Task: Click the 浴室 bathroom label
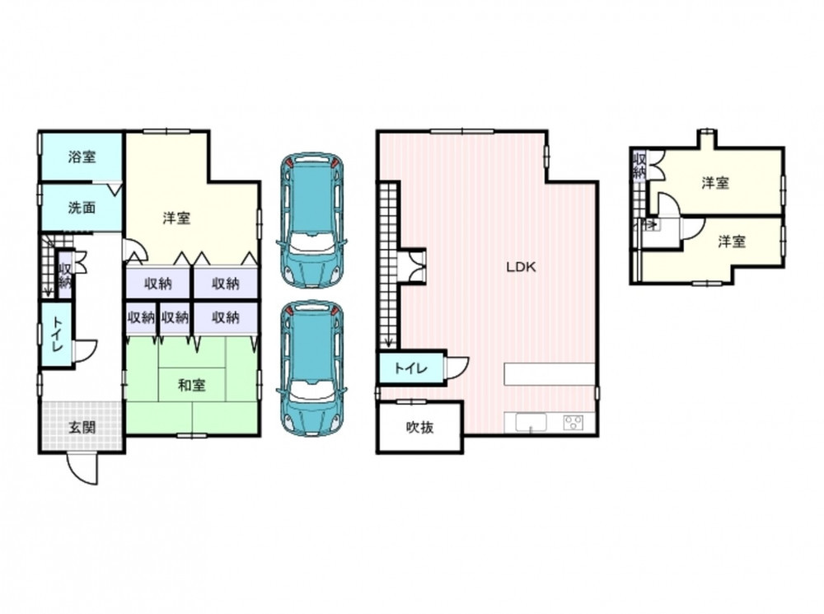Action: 82,157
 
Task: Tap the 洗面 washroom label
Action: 82,208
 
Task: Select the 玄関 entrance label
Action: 82,428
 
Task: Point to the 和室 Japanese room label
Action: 191,386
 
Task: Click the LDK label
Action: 521,267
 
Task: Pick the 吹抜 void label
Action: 420,428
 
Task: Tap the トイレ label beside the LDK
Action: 411,368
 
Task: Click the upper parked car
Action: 311,220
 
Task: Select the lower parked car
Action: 311,368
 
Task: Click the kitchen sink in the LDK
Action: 531,423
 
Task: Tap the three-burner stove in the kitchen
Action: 574,422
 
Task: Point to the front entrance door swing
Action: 82,468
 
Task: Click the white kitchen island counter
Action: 550,374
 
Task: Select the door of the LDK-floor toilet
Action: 457,368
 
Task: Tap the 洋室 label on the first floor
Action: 176,218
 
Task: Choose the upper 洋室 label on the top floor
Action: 715,183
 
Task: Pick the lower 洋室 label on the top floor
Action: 732,241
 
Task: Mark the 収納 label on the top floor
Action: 639,165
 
